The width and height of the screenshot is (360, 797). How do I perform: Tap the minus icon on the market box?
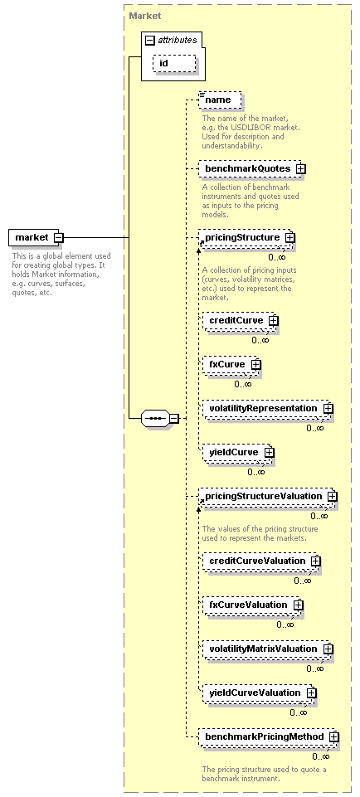pos(58,237)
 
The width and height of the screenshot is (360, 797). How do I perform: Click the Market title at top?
pos(145,16)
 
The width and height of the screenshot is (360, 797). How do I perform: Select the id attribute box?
pos(174,64)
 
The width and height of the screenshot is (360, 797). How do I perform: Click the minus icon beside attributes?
pos(149,40)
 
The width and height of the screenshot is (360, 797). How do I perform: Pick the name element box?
pos(220,100)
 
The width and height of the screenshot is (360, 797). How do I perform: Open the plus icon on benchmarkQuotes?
pos(300,168)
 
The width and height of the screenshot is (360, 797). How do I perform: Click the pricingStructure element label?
pos(242,237)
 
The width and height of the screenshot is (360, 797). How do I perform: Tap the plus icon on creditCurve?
pos(274,321)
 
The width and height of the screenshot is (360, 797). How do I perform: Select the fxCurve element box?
pos(231,364)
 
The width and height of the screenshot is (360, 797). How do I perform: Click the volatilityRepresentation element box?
pos(266,408)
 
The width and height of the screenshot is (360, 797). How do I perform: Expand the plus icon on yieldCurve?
pos(269,452)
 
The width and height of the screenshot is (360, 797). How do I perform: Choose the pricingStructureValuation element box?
pos(266,496)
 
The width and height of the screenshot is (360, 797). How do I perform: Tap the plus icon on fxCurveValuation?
pos(299,605)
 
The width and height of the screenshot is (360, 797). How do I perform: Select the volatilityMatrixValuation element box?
pos(266,649)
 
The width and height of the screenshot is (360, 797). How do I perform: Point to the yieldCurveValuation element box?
pos(258,693)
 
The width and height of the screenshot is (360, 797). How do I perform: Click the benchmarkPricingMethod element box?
pos(267,736)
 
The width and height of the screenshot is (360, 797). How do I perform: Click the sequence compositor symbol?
pos(156,419)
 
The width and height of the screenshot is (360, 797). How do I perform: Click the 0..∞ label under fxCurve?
pos(243,384)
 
